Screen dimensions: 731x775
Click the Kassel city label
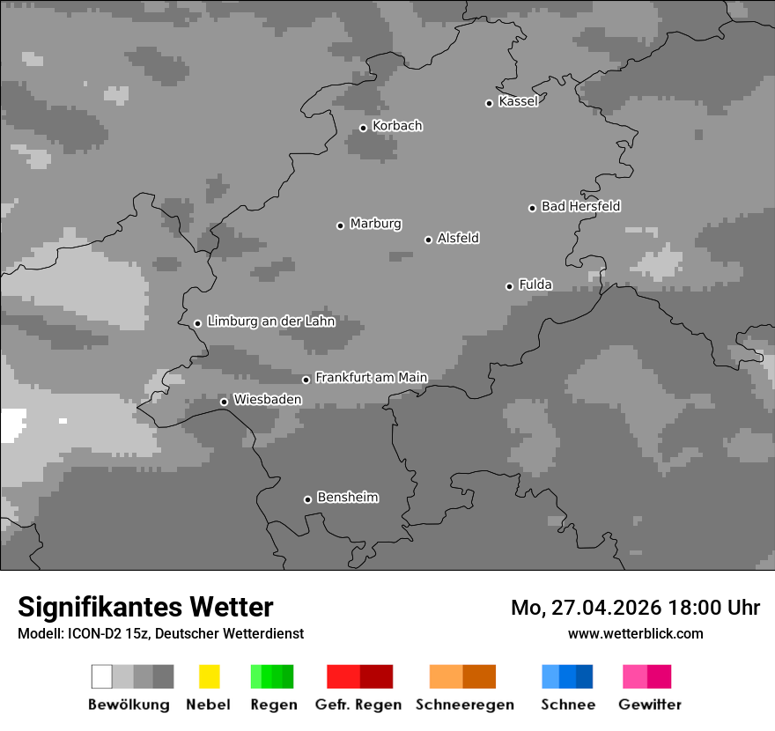(x=518, y=101)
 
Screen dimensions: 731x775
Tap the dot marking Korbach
(x=363, y=128)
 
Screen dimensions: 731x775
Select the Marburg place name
(x=375, y=224)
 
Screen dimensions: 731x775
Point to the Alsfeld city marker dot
(x=428, y=240)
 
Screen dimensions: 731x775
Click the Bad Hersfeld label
(x=580, y=206)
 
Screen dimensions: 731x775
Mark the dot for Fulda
(x=509, y=286)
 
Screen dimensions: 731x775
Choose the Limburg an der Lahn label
(x=270, y=321)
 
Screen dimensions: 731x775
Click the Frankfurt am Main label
(x=371, y=378)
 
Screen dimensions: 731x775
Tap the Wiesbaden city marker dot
(x=224, y=402)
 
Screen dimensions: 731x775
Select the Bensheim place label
(x=347, y=498)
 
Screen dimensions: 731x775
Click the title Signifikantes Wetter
(x=145, y=607)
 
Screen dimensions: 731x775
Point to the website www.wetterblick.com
(x=635, y=633)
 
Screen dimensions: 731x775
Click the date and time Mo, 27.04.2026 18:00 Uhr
(x=635, y=608)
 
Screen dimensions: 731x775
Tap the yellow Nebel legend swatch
(x=209, y=676)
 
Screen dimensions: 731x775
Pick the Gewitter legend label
(x=649, y=705)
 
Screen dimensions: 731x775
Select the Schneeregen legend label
(x=464, y=705)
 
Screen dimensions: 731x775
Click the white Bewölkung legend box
(x=102, y=676)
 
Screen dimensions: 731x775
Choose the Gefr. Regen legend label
(x=358, y=705)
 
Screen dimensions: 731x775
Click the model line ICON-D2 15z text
(x=160, y=633)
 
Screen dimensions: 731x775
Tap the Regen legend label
(x=272, y=705)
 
